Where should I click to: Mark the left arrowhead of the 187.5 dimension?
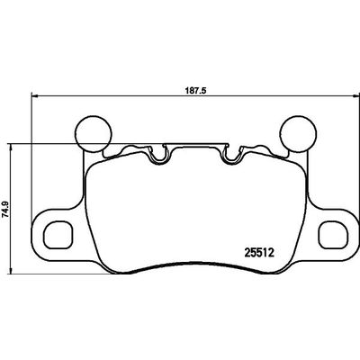(36, 99)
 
